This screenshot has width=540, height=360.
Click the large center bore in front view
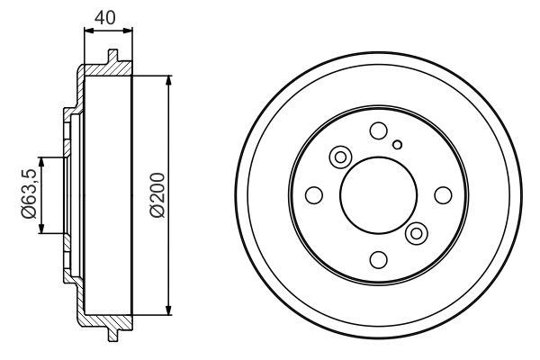(378, 195)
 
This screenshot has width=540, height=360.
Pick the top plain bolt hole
(378, 131)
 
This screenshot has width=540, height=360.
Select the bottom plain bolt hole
(378, 259)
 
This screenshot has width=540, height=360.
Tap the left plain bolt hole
(314, 195)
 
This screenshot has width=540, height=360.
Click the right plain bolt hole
(442, 195)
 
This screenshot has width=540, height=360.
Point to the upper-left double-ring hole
(341, 157)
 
